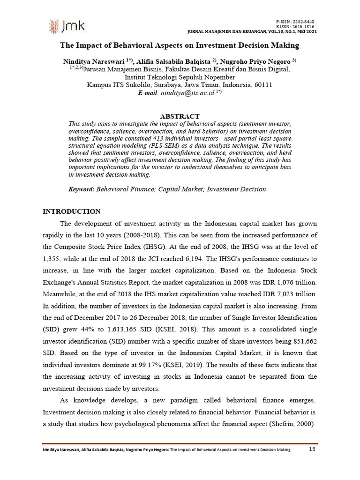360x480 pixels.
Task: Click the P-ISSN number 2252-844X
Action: click(304, 22)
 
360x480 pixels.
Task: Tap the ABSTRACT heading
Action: click(180, 116)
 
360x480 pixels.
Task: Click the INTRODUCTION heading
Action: click(71, 211)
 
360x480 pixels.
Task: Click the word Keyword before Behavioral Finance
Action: click(82, 189)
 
